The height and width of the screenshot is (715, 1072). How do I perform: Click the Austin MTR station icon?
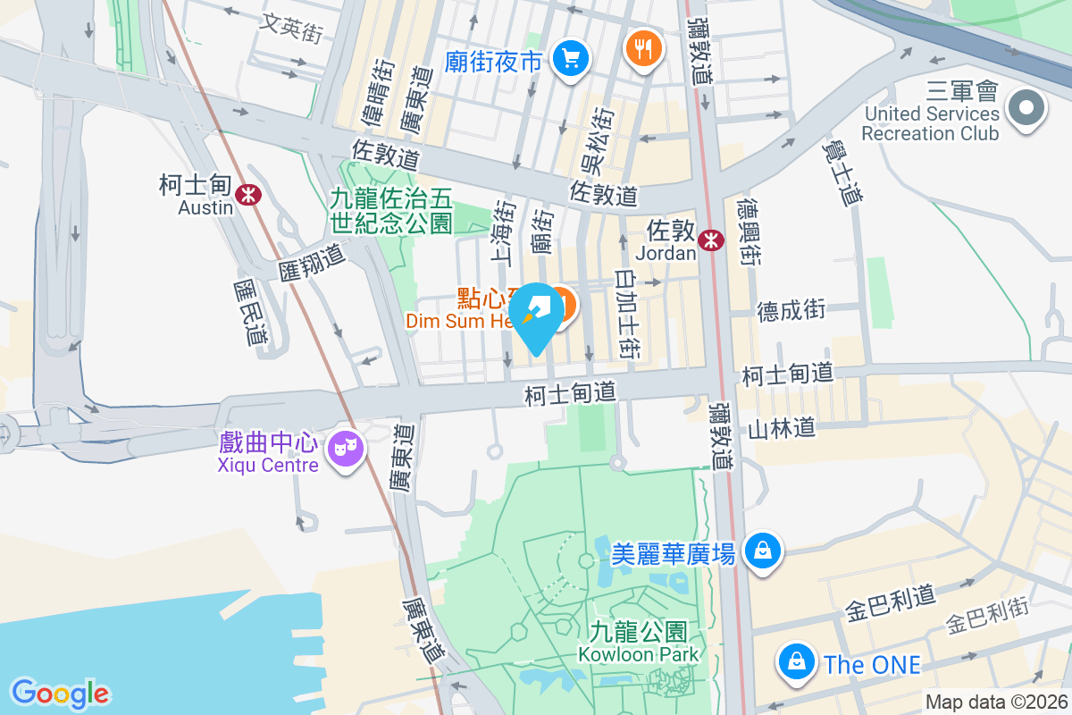(x=247, y=193)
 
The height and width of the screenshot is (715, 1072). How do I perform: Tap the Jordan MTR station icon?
(x=712, y=240)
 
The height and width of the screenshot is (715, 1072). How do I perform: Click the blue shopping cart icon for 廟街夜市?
(x=569, y=59)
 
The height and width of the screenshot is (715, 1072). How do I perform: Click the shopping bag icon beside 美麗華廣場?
(x=764, y=549)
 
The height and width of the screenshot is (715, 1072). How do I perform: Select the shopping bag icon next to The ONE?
(x=794, y=660)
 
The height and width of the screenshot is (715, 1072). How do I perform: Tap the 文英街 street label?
(x=289, y=27)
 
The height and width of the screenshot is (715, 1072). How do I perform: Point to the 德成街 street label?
(x=791, y=310)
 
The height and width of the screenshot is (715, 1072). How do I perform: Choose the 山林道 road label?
(x=782, y=429)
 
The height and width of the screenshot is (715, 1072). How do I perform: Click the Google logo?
(x=60, y=694)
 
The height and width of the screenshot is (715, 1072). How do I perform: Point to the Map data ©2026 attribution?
(x=996, y=702)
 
